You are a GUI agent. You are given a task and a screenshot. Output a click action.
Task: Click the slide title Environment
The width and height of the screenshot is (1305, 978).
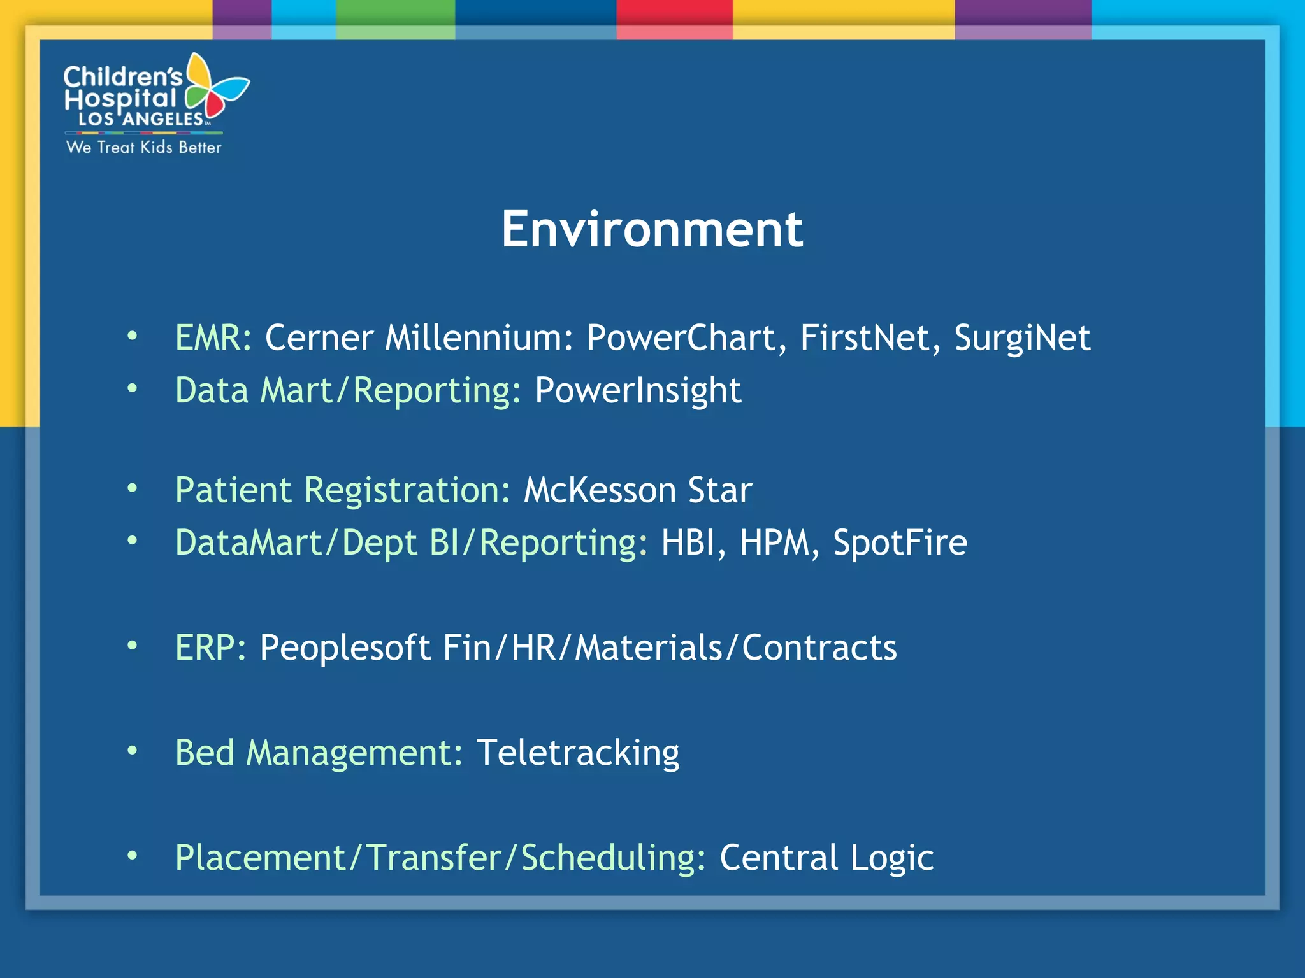652,229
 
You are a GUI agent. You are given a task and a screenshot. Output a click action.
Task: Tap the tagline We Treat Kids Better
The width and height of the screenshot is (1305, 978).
143,147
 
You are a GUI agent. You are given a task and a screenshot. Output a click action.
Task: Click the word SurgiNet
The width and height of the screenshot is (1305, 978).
1021,337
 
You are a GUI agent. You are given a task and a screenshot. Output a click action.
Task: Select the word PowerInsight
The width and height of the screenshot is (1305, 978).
638,390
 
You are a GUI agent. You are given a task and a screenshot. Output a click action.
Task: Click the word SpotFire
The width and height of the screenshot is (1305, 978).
900,542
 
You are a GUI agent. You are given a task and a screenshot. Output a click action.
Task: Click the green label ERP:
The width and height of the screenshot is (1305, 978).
210,648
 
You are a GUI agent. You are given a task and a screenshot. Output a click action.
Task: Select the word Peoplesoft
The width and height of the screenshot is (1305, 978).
345,648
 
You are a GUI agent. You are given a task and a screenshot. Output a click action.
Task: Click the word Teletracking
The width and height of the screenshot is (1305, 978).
577,753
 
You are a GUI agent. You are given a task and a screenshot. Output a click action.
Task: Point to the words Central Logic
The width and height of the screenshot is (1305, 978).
826,858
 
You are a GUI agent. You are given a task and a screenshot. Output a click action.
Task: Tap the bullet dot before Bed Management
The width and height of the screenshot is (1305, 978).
132,751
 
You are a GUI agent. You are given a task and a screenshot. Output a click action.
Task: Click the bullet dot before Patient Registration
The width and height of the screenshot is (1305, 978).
132,488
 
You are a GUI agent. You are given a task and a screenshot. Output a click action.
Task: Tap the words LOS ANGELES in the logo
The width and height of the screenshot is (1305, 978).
141,119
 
